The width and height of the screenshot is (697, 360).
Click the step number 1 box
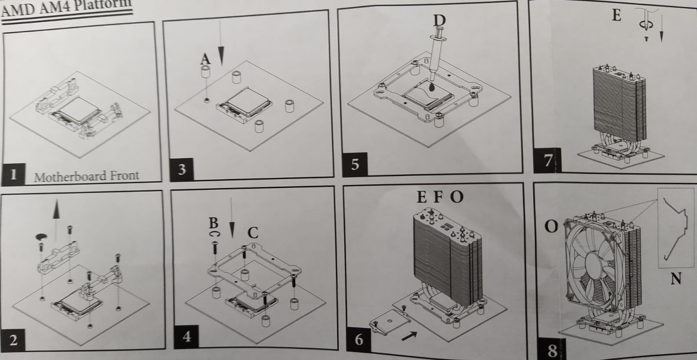[x=14, y=174]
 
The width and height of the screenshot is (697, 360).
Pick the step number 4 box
[x=187, y=336]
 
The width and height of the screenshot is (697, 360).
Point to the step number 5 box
[x=355, y=164]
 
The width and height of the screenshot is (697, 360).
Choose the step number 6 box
[x=359, y=339]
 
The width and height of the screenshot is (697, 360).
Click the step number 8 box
[x=552, y=350]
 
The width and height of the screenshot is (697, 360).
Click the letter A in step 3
[x=205, y=58]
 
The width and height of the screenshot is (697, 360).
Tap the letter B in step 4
[x=213, y=223]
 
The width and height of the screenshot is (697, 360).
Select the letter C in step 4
[x=253, y=232]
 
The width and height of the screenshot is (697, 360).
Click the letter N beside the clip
[x=676, y=278]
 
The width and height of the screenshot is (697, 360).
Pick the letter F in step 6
[x=438, y=197]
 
